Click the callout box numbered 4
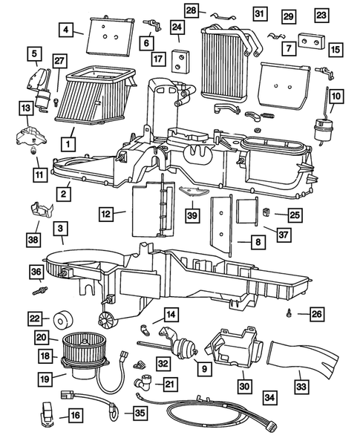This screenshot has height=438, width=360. [67, 30]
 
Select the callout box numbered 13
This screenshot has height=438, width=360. [26, 110]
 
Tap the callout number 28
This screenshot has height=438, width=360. [192, 10]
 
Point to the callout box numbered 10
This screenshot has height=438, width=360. [336, 97]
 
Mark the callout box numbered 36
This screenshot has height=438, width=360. [33, 273]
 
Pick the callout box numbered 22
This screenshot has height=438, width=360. [33, 318]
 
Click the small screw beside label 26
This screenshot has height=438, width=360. [289, 315]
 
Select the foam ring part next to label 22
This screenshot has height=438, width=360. [59, 320]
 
